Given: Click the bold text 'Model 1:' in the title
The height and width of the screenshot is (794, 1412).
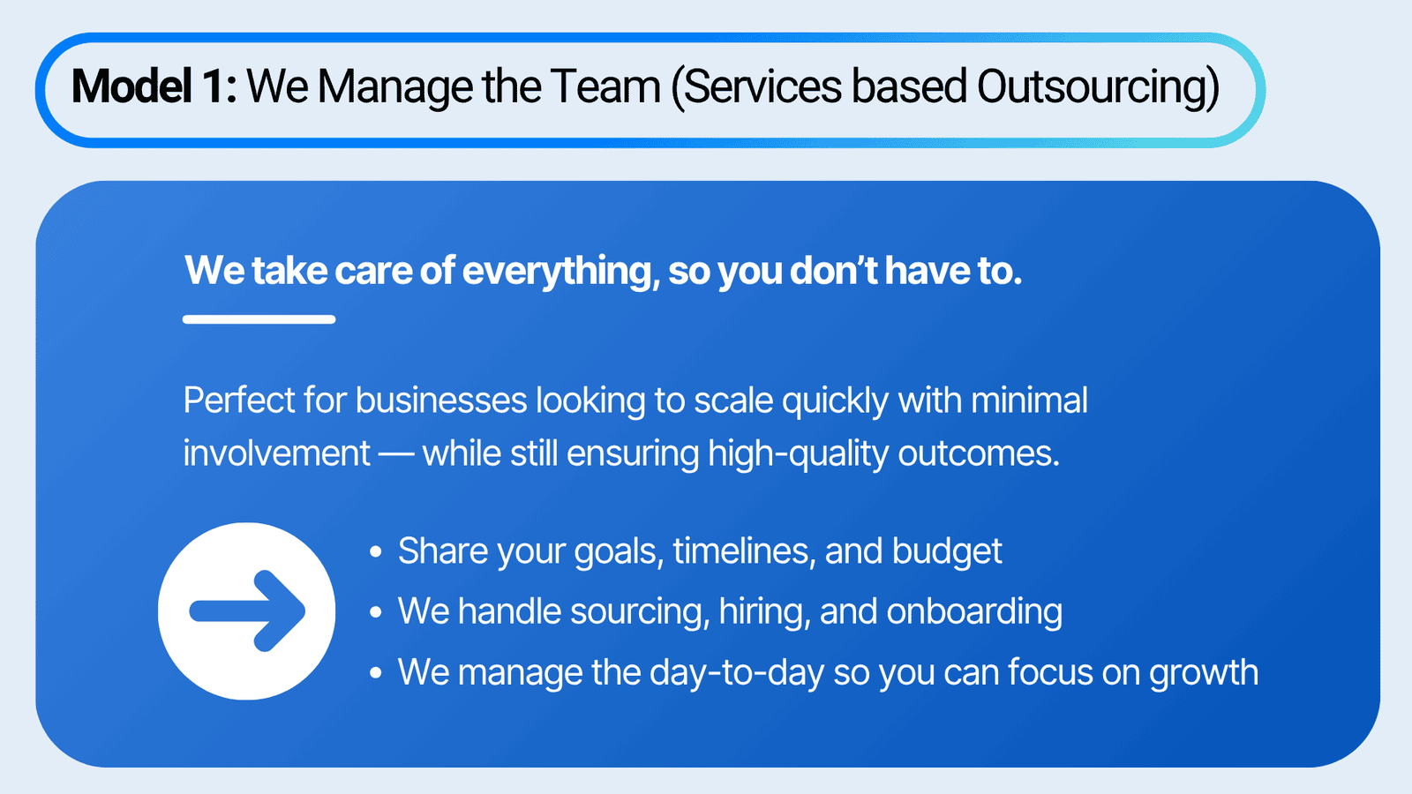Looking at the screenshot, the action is click(154, 86).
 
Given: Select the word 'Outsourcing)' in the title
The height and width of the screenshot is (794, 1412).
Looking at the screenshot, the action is click(1098, 88).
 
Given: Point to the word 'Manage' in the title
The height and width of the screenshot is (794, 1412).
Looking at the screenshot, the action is click(394, 88).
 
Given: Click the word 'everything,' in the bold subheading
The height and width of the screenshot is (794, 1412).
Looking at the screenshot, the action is click(561, 272).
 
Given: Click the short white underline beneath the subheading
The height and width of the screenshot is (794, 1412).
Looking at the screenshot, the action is click(259, 319).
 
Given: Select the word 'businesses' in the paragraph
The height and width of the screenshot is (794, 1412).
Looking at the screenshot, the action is click(441, 401).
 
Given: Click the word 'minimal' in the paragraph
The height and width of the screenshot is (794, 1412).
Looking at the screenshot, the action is click(1029, 401).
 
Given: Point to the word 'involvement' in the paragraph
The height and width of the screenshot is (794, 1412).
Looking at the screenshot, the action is click(277, 453).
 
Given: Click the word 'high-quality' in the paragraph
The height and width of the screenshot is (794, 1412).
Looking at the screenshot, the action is click(798, 454).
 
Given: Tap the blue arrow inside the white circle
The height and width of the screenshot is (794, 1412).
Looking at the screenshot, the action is click(247, 611).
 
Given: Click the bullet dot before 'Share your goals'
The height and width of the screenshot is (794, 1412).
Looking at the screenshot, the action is click(376, 552).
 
